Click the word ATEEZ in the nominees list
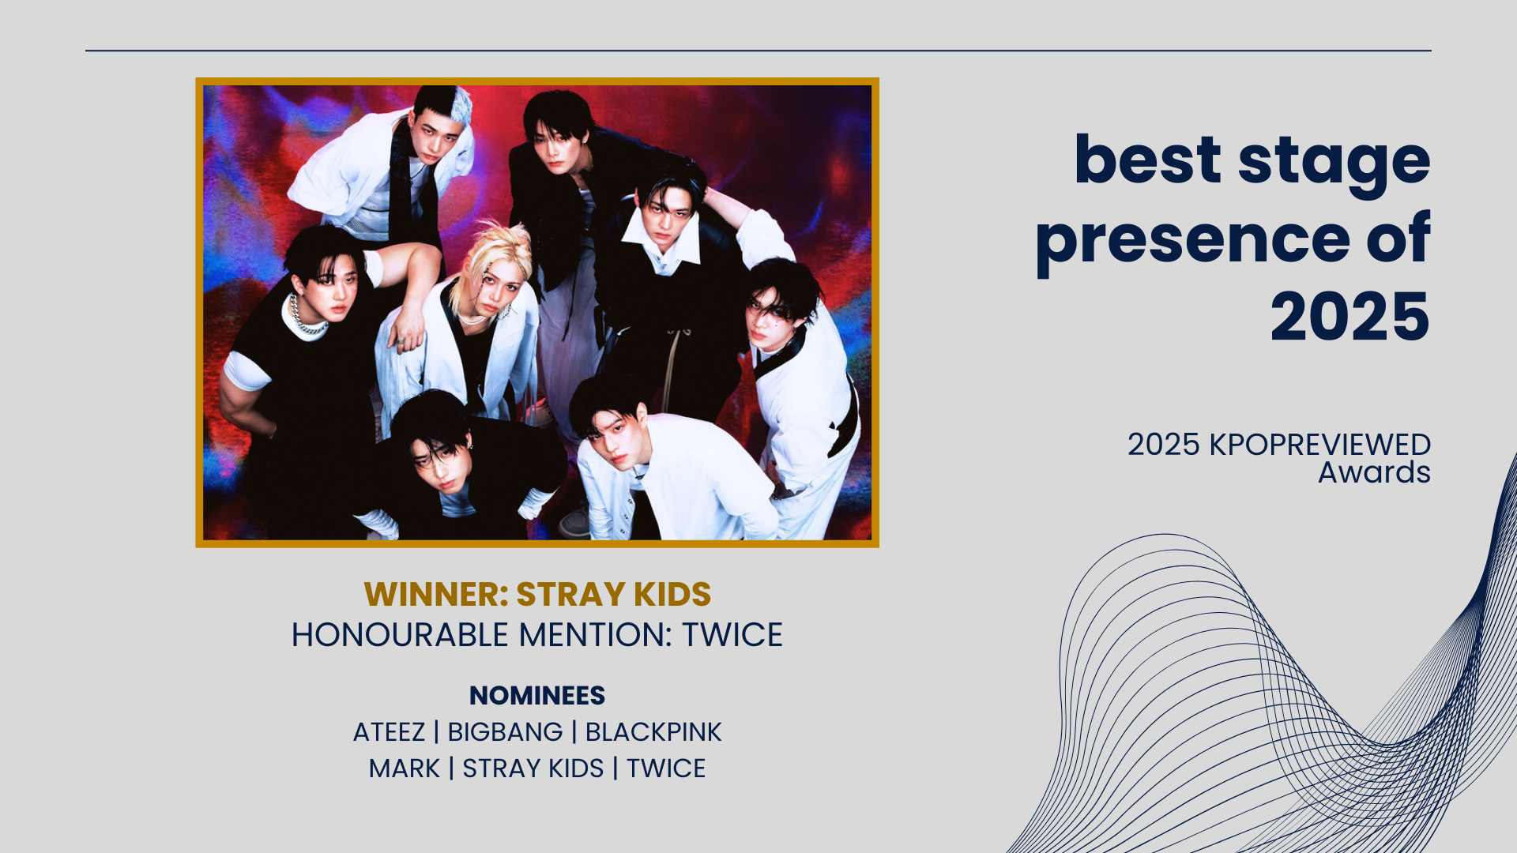(x=389, y=732)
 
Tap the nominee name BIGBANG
(x=505, y=732)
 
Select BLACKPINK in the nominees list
(x=653, y=732)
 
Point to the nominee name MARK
(x=404, y=768)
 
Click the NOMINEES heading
(x=537, y=696)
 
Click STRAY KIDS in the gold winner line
(x=614, y=595)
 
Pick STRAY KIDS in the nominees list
(x=533, y=768)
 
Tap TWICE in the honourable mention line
(x=732, y=635)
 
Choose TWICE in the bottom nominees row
(x=666, y=768)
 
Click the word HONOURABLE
(x=400, y=635)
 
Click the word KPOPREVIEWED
(x=1320, y=445)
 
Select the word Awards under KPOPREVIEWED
(x=1374, y=472)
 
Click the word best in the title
(x=1148, y=160)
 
